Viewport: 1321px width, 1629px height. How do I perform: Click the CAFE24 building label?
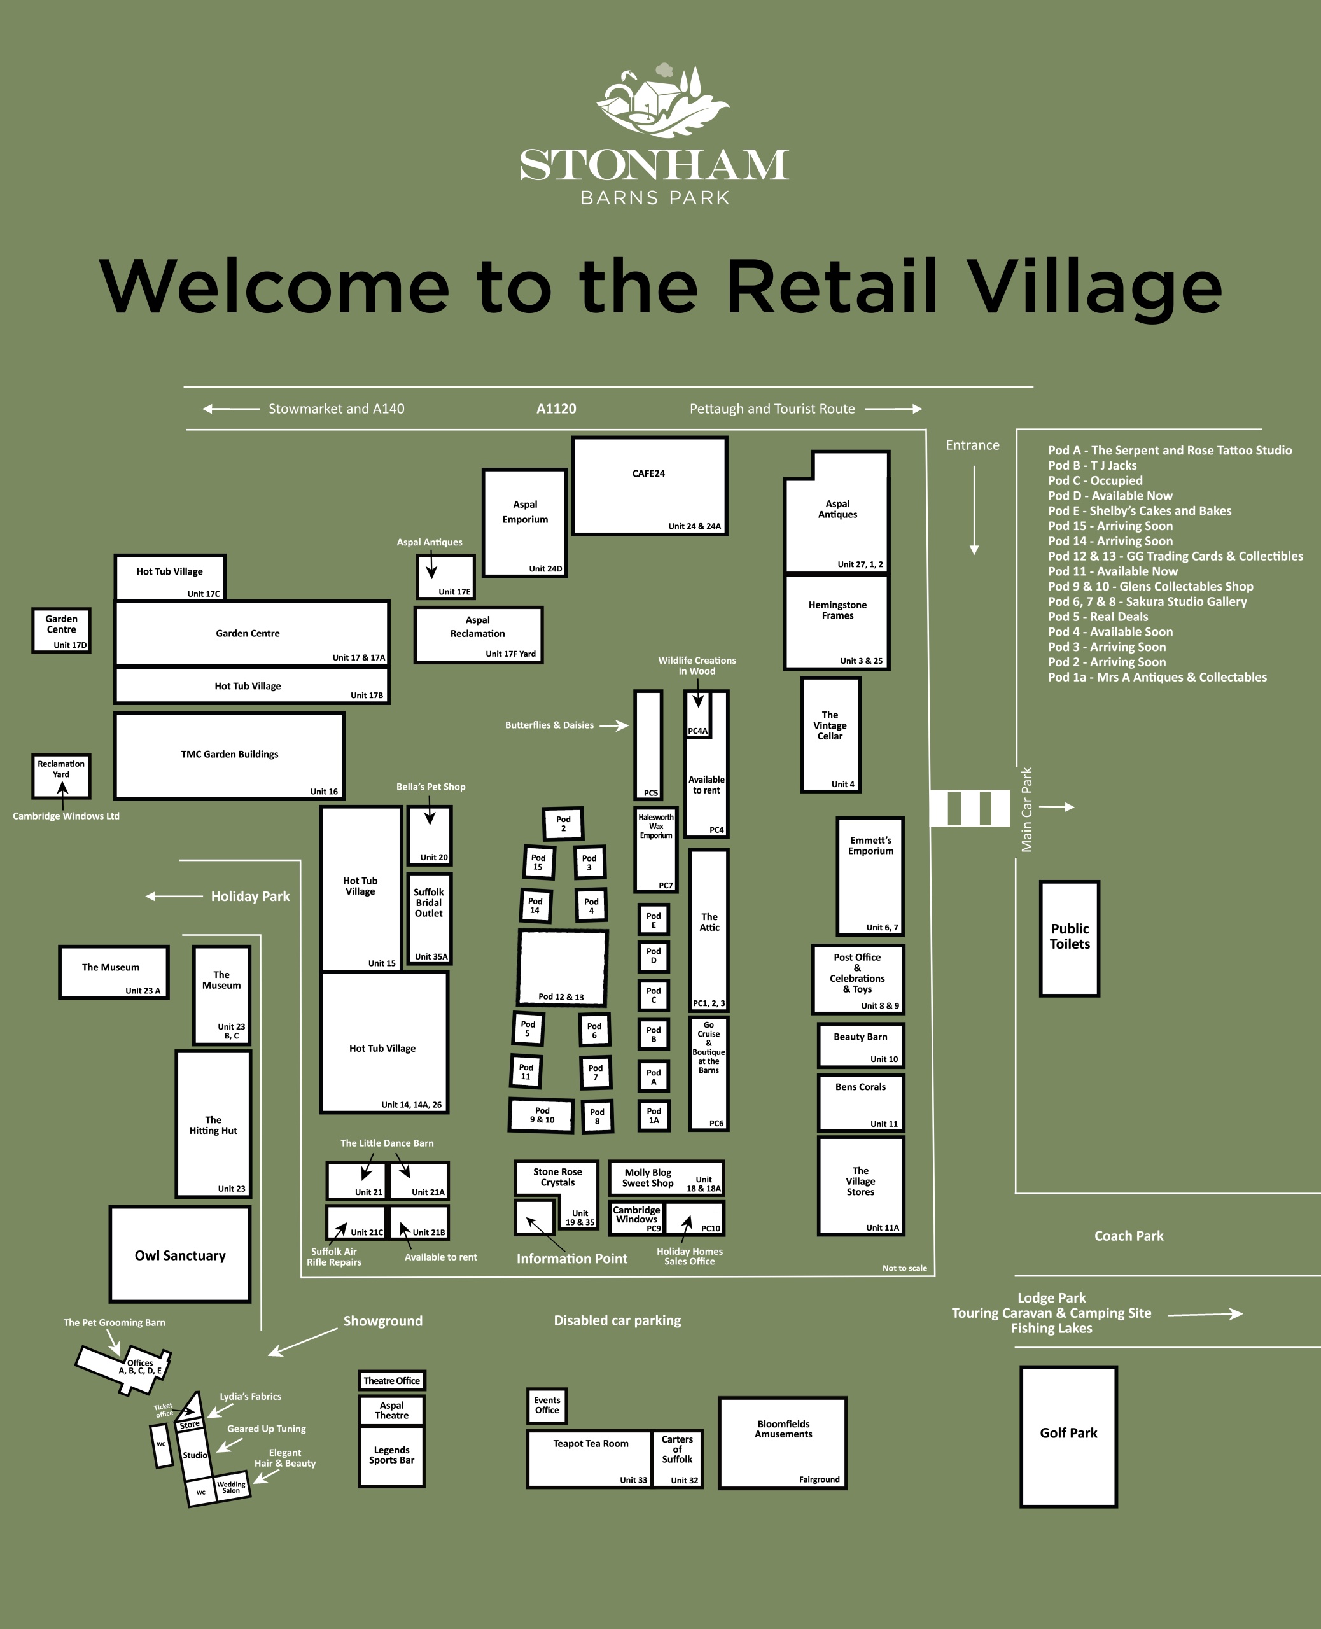(x=648, y=473)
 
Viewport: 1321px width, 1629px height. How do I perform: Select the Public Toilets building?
(x=1069, y=937)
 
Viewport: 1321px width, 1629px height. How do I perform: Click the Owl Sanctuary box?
(x=180, y=1255)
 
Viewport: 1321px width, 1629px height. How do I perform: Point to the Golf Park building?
(x=1068, y=1436)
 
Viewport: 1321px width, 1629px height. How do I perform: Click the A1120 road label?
(x=556, y=409)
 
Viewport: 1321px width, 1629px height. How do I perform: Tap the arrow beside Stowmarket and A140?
(x=230, y=409)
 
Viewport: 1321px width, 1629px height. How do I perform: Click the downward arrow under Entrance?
(x=974, y=510)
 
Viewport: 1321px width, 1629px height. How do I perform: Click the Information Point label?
(x=571, y=1259)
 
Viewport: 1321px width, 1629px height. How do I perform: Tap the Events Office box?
(x=547, y=1404)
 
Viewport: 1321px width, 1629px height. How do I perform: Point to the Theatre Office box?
(x=392, y=1380)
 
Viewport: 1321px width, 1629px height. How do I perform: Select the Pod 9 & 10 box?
(x=542, y=1115)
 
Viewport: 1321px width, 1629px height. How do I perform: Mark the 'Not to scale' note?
(x=904, y=1268)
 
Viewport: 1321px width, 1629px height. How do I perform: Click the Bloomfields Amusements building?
(x=783, y=1442)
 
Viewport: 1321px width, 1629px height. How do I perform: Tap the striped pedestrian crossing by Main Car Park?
(x=970, y=808)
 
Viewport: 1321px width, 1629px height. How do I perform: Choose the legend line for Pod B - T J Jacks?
(x=1092, y=466)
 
